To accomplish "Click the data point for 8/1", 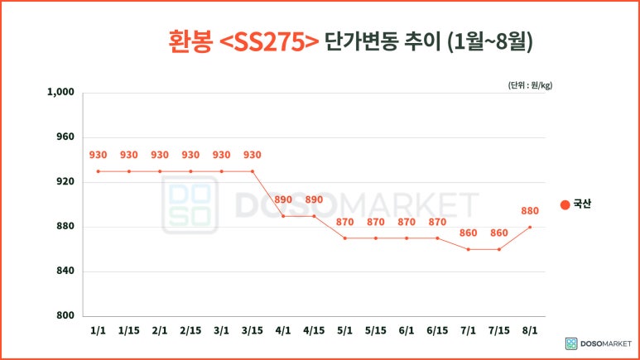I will (x=530, y=227).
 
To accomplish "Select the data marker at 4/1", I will (x=283, y=216).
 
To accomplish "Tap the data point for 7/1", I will (x=468, y=249).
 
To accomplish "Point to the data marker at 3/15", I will (x=253, y=171).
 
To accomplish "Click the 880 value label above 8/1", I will (x=530, y=210).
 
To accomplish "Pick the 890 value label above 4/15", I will (x=314, y=199).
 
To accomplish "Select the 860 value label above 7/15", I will (x=499, y=233).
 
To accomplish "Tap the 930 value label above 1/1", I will (x=98, y=155).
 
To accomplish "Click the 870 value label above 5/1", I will (x=344, y=222).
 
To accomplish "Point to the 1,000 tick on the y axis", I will (x=62, y=93).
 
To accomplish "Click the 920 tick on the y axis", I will (x=65, y=182).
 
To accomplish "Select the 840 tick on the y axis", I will (x=65, y=271).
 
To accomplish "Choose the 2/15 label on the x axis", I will (x=190, y=331).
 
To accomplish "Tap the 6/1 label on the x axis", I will (x=407, y=331).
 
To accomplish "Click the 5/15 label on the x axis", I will (x=376, y=331).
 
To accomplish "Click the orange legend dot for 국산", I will (x=565, y=204).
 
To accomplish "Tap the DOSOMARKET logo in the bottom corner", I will (x=598, y=343).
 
